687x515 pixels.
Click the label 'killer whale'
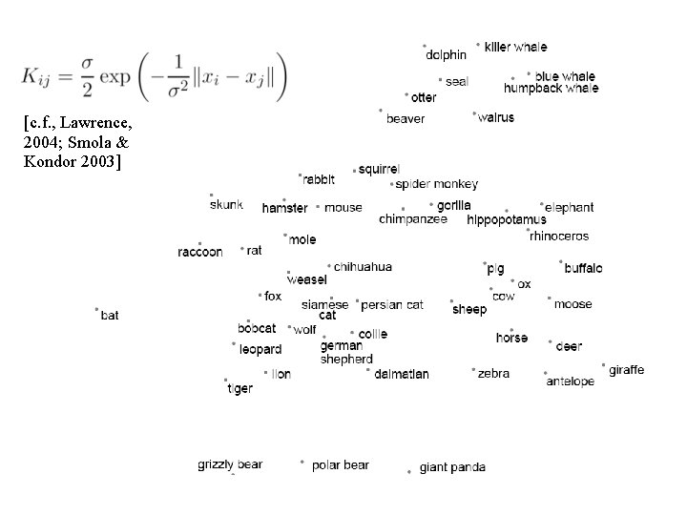pyautogui.click(x=515, y=47)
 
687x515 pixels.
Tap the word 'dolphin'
pyautogui.click(x=446, y=55)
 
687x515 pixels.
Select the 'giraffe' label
pyautogui.click(x=626, y=370)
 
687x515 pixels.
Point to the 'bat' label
pyautogui.click(x=110, y=316)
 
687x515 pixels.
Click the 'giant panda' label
pyautogui.click(x=452, y=467)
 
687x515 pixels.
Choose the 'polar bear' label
pyautogui.click(x=340, y=465)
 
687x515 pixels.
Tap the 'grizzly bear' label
pyautogui.click(x=230, y=464)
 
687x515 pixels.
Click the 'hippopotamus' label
pyautogui.click(x=507, y=220)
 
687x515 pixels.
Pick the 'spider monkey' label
pyautogui.click(x=436, y=184)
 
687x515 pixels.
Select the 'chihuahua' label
pyautogui.click(x=363, y=267)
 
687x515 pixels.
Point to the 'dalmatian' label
pyautogui.click(x=401, y=374)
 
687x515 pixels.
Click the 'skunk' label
pyautogui.click(x=226, y=204)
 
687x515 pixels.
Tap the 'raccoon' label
pyautogui.click(x=200, y=252)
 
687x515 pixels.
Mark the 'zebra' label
pyautogui.click(x=493, y=374)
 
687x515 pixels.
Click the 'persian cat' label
pyautogui.click(x=392, y=305)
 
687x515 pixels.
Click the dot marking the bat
pyautogui.click(x=97, y=309)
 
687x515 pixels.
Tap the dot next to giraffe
pyautogui.click(x=603, y=364)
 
